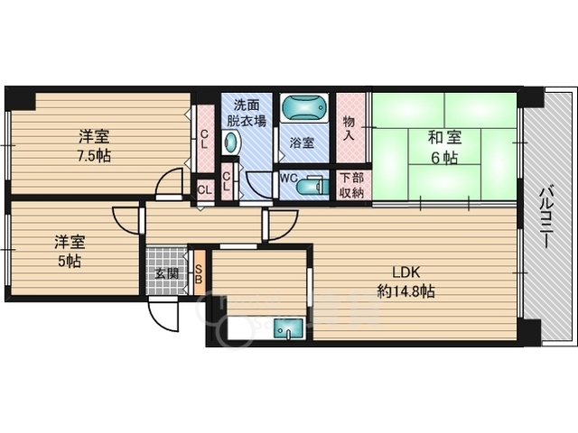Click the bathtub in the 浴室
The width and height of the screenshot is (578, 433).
304,107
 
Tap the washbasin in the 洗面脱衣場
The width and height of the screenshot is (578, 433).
232,143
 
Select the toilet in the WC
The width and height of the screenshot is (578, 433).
312,186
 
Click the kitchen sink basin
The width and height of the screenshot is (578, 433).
287,328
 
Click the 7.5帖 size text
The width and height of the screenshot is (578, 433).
94,156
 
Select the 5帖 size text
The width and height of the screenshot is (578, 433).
69,262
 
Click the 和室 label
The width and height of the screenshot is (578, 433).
444,138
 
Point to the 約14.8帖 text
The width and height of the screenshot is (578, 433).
406,291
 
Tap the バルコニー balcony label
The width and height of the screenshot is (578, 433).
546,217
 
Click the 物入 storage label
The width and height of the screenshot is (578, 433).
349,128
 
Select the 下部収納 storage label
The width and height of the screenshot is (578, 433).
352,185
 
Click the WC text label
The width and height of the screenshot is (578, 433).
289,179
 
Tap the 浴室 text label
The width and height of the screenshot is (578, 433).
302,143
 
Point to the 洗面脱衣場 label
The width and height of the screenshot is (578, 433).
247,113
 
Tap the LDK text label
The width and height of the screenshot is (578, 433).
406,272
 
